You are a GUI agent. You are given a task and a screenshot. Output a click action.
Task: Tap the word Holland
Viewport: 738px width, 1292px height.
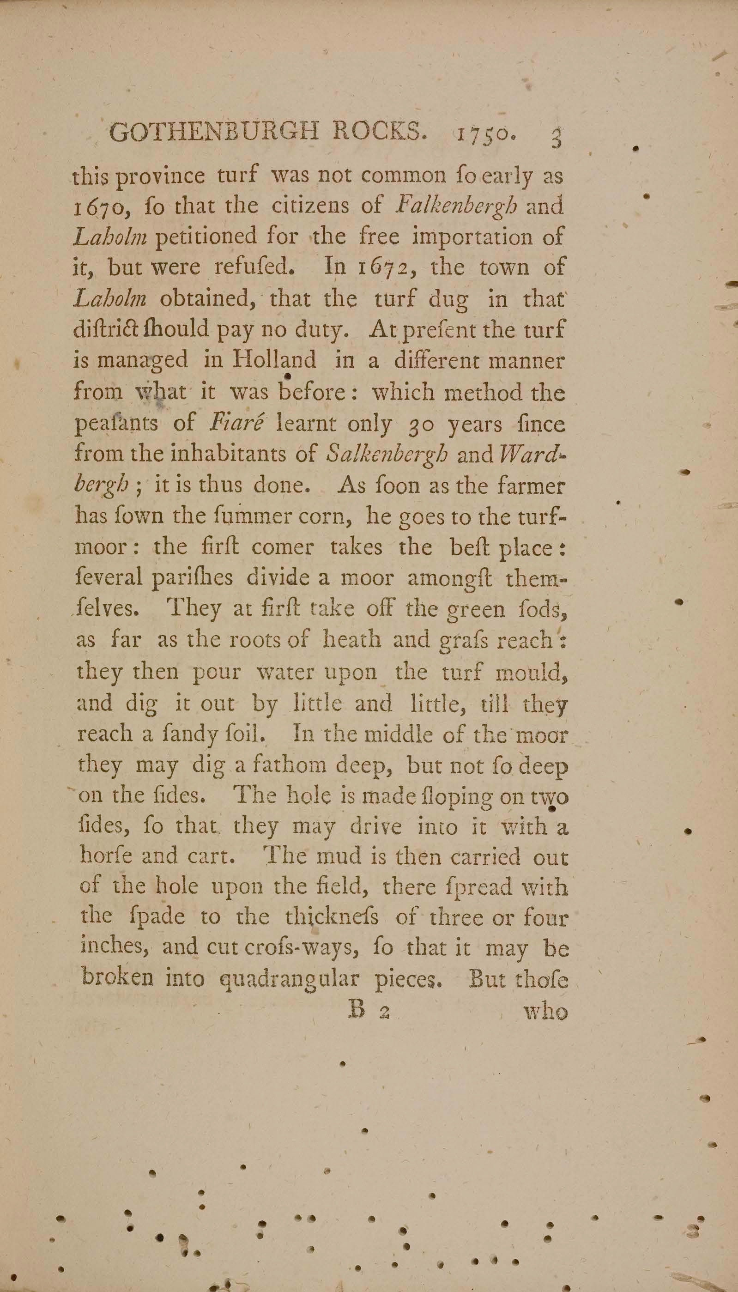pos(274,360)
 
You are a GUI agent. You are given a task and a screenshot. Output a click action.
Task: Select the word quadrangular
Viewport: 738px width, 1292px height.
pos(288,979)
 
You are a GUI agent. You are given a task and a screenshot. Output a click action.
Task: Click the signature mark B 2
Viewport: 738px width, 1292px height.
pos(369,1011)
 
